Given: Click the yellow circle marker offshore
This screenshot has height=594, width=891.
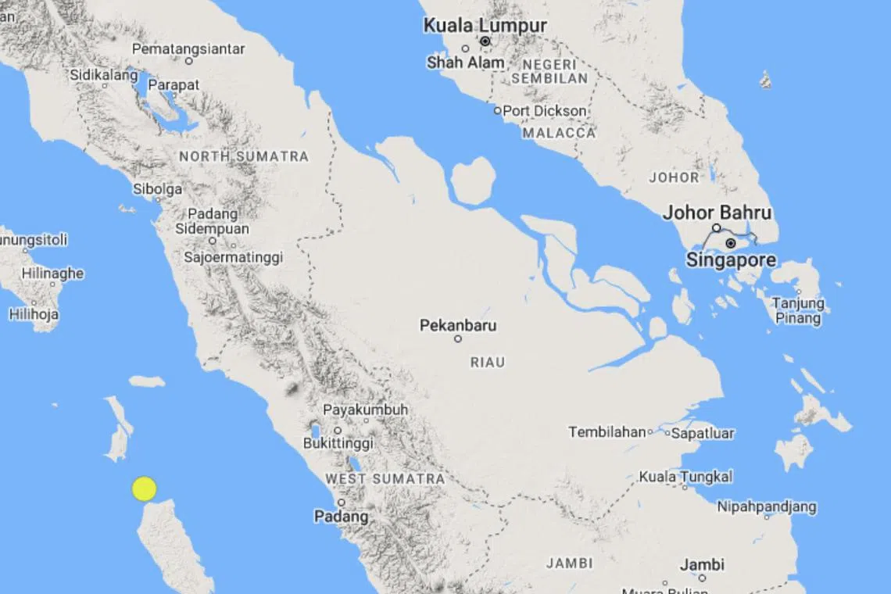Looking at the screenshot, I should [144, 488].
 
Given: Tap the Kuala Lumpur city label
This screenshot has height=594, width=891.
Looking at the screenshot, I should [485, 26].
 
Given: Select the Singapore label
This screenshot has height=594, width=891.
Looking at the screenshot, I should [731, 260].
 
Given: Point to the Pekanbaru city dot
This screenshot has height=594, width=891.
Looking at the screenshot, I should [458, 339].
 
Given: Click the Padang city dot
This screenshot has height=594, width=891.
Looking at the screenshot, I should [342, 503].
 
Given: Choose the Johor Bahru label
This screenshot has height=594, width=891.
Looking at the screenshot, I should [717, 213].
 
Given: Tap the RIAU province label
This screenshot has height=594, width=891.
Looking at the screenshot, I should [488, 363].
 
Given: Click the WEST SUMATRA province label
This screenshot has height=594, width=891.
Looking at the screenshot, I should [385, 478].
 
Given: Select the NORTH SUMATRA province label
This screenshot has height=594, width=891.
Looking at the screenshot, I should [244, 156].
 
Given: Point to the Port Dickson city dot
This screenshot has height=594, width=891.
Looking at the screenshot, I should [497, 111].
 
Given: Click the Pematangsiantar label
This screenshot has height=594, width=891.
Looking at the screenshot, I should [188, 48].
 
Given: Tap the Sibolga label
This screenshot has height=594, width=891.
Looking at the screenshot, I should [157, 189].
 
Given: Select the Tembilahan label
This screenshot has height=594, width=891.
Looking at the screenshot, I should [607, 432].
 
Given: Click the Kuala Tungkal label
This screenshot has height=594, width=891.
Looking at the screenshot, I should [685, 476].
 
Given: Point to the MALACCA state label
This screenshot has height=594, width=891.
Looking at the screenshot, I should [559, 134].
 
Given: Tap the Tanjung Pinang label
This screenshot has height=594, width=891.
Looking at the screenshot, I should [798, 311].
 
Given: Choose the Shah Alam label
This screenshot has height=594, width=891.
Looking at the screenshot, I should [465, 63].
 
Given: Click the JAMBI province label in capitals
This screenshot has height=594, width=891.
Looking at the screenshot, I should [569, 563].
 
